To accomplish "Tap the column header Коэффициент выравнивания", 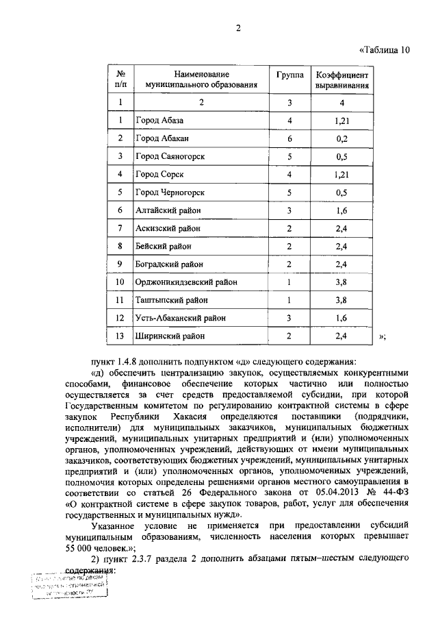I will point(342,80).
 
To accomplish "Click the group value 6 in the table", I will point(289,138).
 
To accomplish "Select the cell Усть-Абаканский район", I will point(180,318).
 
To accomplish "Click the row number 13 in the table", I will point(120,336).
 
